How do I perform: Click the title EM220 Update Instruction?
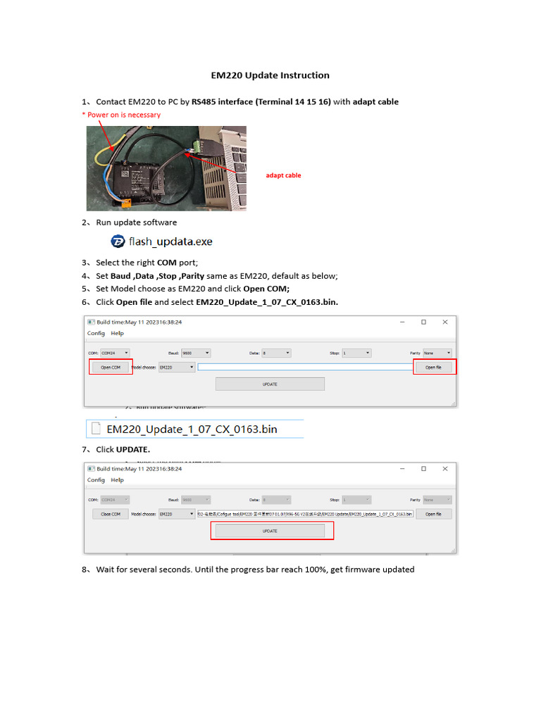(270, 75)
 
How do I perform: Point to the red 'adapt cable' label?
(283, 175)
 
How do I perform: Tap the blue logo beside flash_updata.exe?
(118, 242)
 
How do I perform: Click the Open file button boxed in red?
(433, 367)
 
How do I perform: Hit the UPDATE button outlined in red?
(270, 531)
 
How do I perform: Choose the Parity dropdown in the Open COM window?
(437, 353)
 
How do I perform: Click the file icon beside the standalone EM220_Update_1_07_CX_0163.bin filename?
(95, 428)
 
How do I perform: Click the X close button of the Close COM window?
(444, 468)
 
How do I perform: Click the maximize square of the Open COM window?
(423, 322)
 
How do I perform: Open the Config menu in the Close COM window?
(96, 480)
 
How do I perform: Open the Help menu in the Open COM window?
(117, 334)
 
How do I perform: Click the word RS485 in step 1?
(204, 102)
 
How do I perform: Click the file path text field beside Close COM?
(305, 514)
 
